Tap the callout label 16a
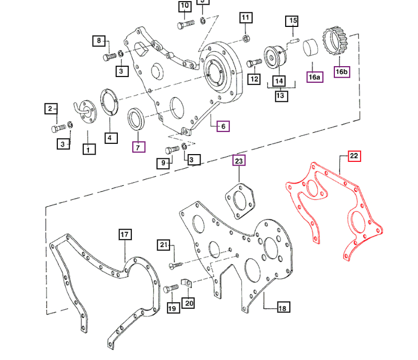click(x=315, y=77)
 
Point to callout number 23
click(x=239, y=161)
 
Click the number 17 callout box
click(x=125, y=235)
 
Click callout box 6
click(x=223, y=126)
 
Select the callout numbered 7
click(x=138, y=147)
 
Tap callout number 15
click(x=293, y=21)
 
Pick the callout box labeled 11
click(x=245, y=18)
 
